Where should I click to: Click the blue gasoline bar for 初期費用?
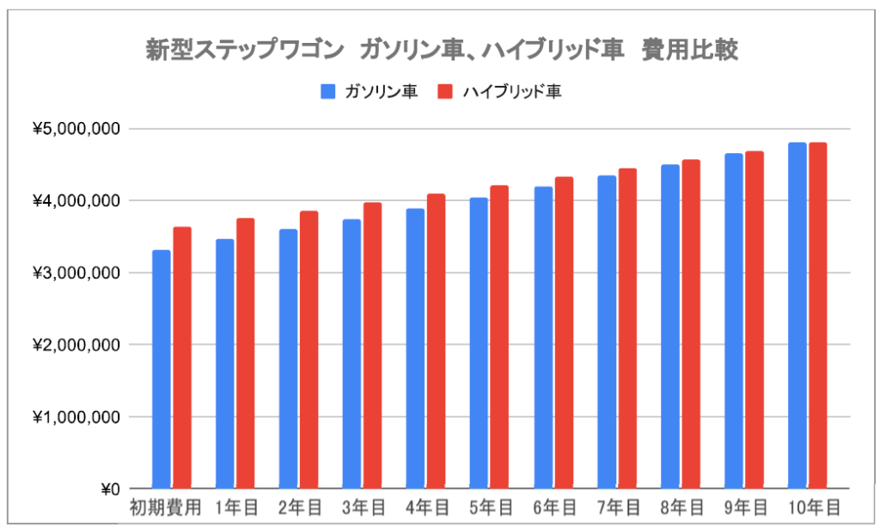162,370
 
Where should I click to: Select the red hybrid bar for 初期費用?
182,358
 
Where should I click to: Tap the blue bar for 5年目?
479,343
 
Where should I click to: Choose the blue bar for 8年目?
669,327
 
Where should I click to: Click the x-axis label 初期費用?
165,506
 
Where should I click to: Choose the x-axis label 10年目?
812,506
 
